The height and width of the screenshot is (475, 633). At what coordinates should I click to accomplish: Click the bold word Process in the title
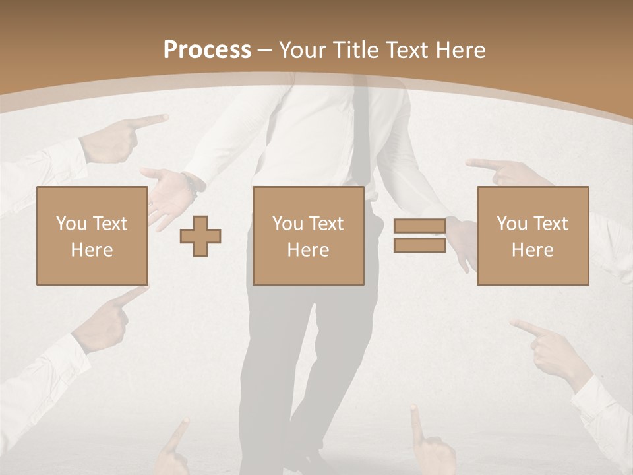[207, 50]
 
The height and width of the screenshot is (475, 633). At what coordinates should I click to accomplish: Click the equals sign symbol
[419, 236]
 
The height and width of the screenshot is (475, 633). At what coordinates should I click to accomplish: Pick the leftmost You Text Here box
[92, 236]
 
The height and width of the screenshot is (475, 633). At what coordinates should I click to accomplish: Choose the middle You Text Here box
[308, 236]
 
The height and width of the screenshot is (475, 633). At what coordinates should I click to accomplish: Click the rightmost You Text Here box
[533, 236]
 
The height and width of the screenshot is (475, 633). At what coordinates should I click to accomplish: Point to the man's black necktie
[360, 132]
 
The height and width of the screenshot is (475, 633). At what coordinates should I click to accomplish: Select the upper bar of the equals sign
[419, 226]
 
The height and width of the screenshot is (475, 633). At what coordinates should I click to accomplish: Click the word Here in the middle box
[308, 249]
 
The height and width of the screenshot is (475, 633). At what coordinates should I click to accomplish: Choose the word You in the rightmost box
[512, 223]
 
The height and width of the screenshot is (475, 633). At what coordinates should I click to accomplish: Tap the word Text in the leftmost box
[109, 223]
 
